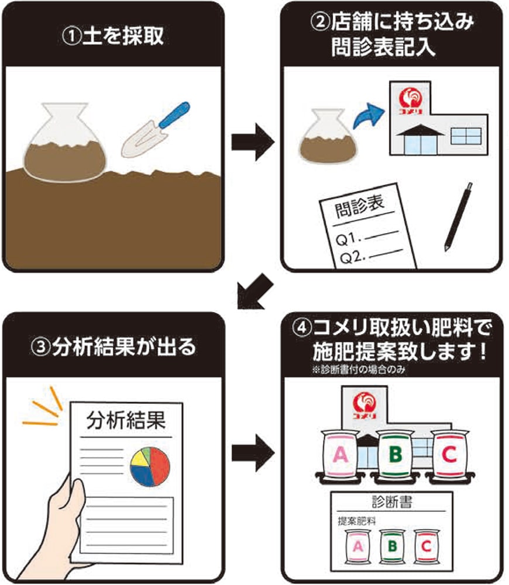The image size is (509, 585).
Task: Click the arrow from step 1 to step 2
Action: [253, 141]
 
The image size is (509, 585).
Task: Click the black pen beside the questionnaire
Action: [458, 216]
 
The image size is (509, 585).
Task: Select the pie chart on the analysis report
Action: [150, 466]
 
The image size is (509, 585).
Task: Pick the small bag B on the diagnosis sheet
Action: [393, 546]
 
